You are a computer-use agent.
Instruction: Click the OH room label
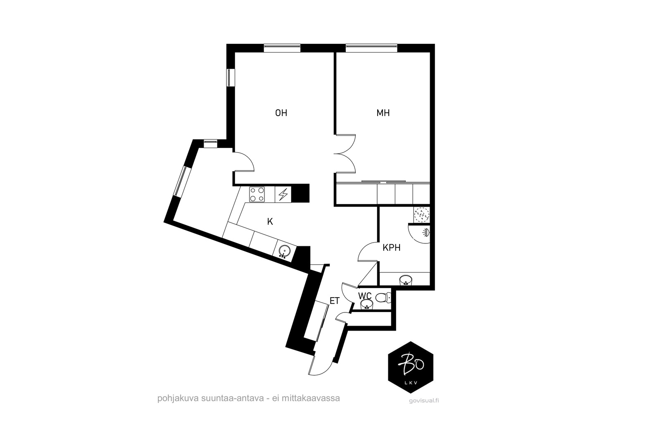pyautogui.click(x=281, y=113)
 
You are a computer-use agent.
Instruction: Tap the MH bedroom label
pyautogui.click(x=383, y=113)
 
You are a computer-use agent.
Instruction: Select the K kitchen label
pyautogui.click(x=270, y=222)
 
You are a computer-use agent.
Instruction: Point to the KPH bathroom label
pyautogui.click(x=392, y=248)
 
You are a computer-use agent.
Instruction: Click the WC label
pyautogui.click(x=365, y=296)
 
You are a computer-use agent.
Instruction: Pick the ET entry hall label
pyautogui.click(x=335, y=301)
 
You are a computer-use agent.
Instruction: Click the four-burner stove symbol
pyautogui.click(x=257, y=195)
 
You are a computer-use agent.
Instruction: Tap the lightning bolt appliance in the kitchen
pyautogui.click(x=283, y=195)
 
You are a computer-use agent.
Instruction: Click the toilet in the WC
pyautogui.click(x=383, y=298)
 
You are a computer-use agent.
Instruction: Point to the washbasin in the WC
pyautogui.click(x=367, y=304)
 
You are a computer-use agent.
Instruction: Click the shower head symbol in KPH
pyautogui.click(x=425, y=233)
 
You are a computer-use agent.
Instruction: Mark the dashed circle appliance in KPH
pyautogui.click(x=421, y=215)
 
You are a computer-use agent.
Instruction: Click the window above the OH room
pyautogui.click(x=282, y=48)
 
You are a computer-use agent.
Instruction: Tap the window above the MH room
pyautogui.click(x=371, y=48)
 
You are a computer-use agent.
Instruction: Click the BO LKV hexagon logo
pyautogui.click(x=411, y=367)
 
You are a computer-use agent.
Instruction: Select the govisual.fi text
pyautogui.click(x=424, y=400)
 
